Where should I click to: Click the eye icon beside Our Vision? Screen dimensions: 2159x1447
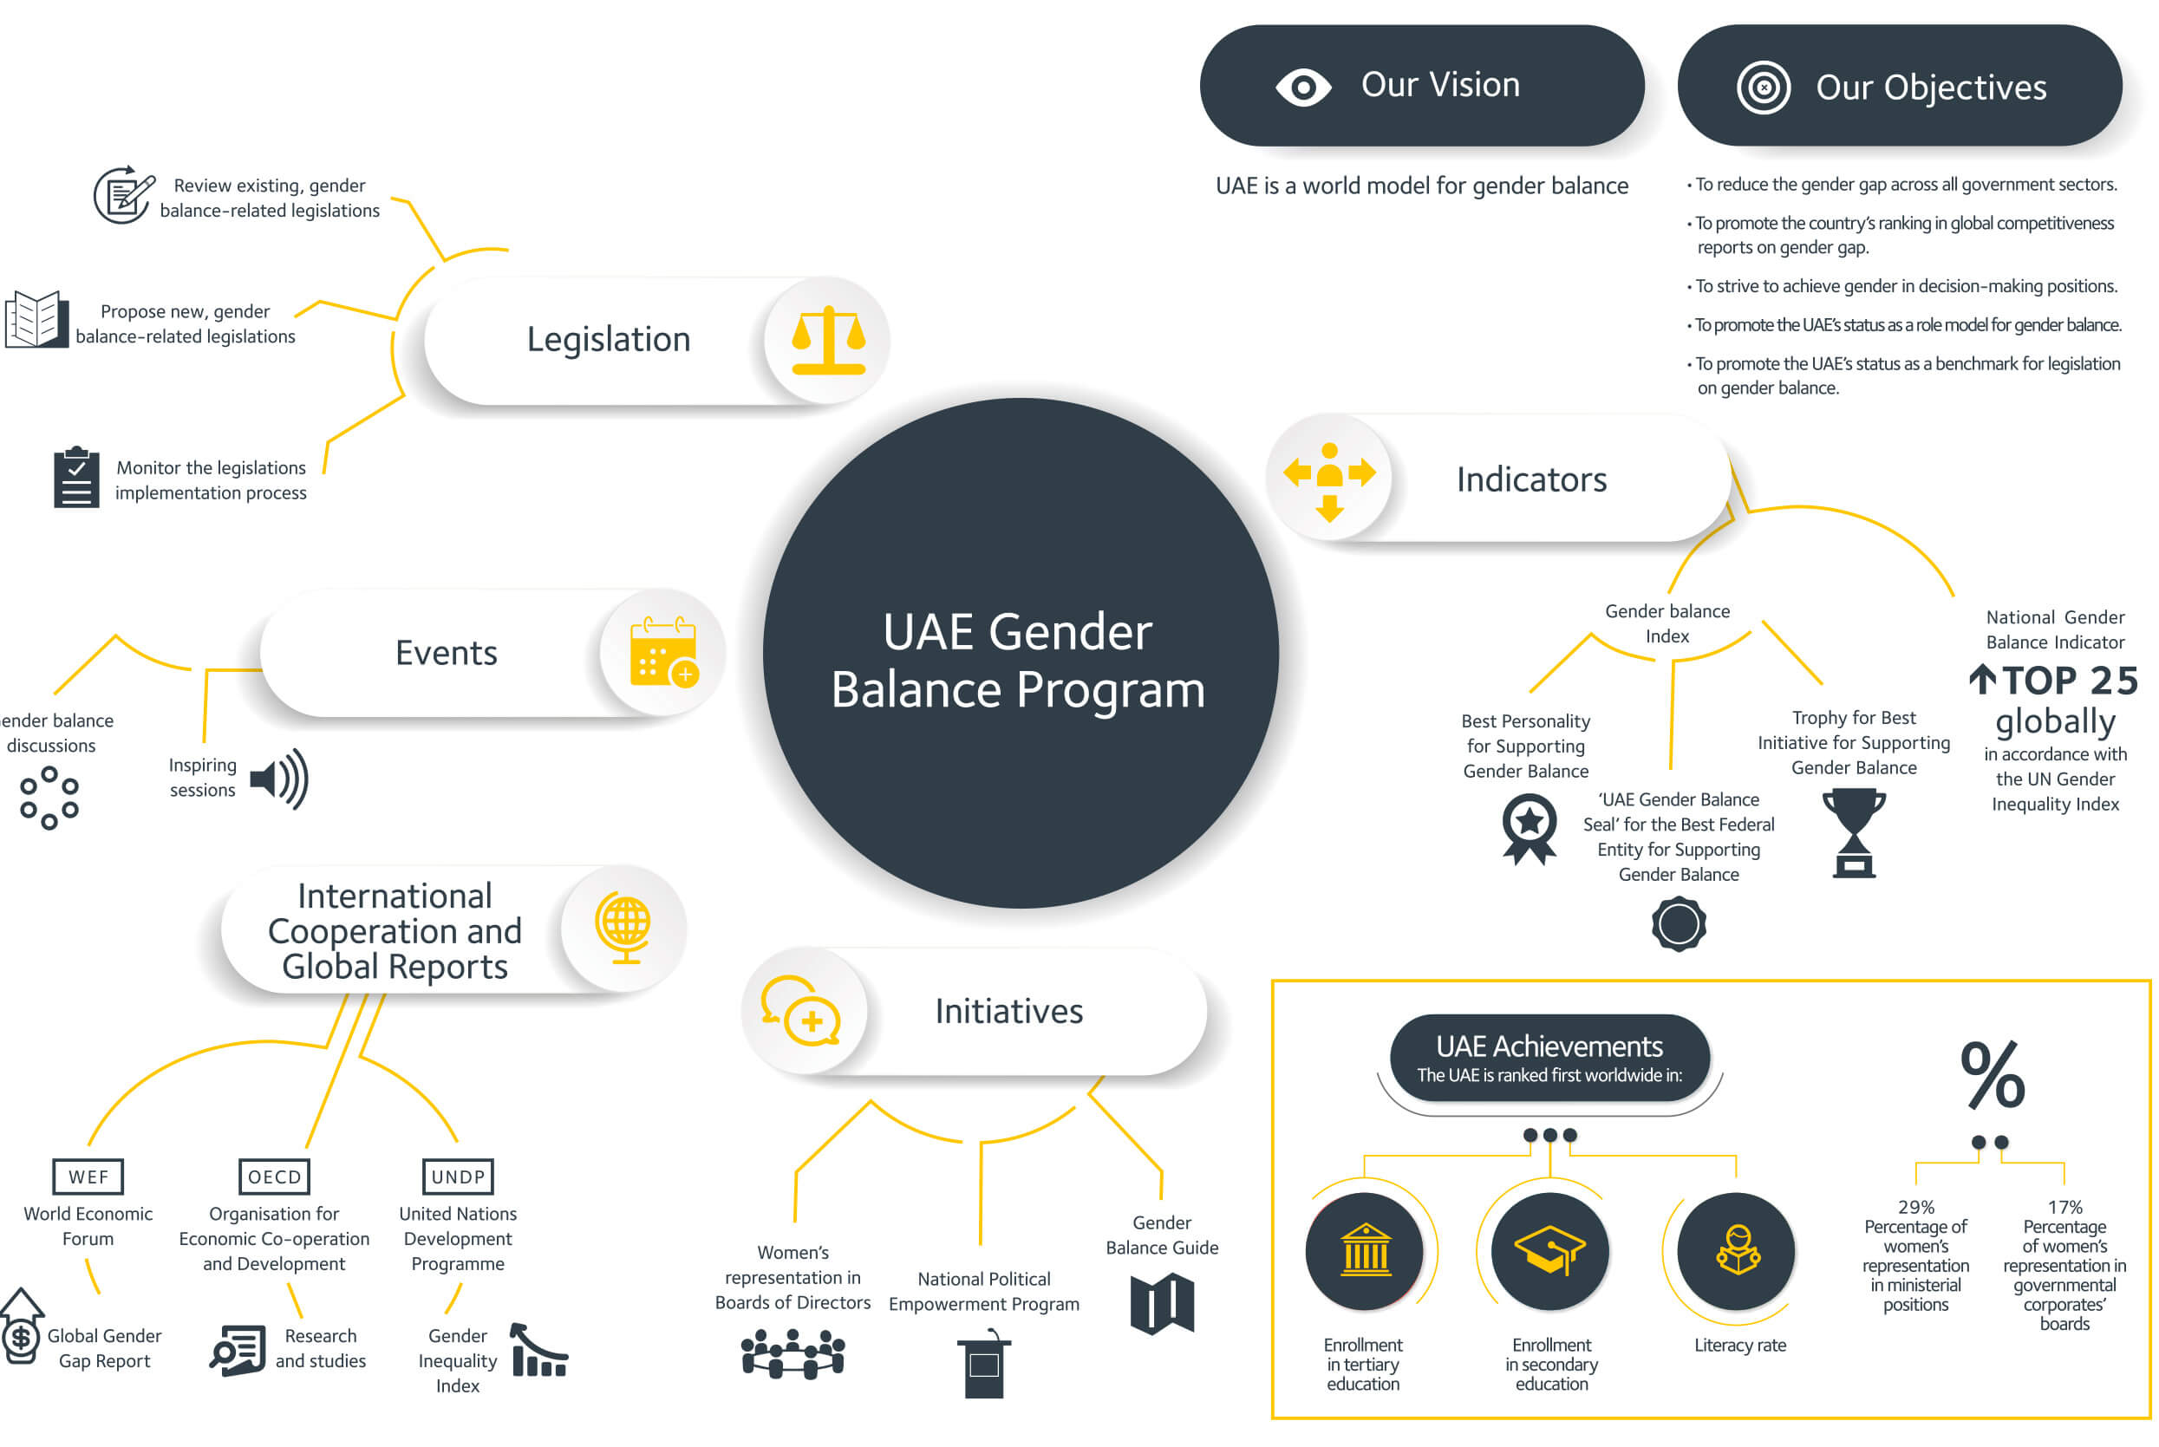(1303, 88)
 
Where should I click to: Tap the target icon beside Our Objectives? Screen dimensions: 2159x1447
(1764, 88)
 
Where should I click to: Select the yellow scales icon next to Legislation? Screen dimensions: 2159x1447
(829, 341)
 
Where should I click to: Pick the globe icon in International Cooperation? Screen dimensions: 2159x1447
(624, 928)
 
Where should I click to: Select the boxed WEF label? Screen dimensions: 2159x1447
(88, 1177)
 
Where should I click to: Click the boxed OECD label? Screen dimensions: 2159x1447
(274, 1177)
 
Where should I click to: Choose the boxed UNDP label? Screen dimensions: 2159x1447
(458, 1177)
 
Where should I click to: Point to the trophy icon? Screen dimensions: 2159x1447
(1854, 832)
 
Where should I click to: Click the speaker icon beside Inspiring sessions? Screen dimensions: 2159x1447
(278, 779)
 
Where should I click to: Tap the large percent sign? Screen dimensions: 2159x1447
(1993, 1075)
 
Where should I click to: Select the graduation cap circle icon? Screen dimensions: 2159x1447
(1550, 1251)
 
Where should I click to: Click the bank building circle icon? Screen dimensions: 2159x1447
(1365, 1251)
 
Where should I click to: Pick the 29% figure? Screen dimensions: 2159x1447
(1916, 1207)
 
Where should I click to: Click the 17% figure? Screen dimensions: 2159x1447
(2064, 1207)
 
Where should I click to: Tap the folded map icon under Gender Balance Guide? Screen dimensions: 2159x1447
(1163, 1304)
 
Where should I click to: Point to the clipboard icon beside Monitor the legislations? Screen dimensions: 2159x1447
(76, 477)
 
